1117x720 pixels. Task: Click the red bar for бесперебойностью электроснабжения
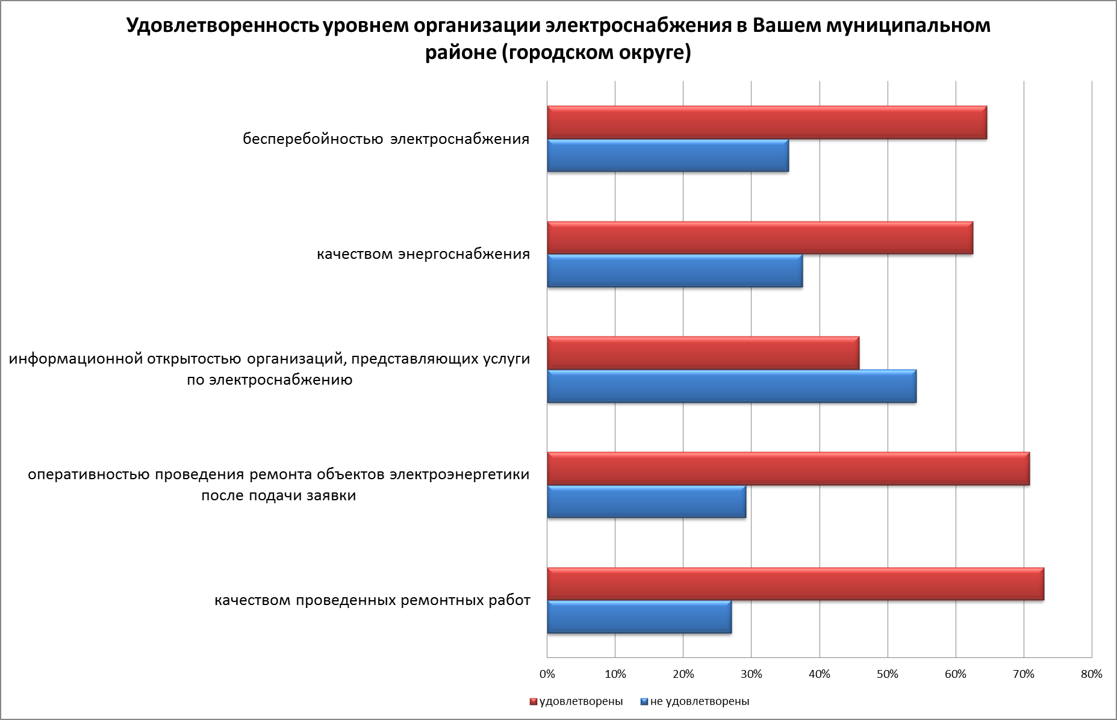point(767,123)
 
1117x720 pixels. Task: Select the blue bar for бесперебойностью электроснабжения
point(668,156)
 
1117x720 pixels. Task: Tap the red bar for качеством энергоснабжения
point(760,238)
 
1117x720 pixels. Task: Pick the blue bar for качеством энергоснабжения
point(674,271)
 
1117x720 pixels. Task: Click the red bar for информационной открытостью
point(703,353)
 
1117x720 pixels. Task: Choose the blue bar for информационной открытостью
point(732,386)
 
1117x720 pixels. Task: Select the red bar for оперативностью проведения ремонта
point(788,469)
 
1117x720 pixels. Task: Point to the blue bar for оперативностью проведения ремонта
point(646,501)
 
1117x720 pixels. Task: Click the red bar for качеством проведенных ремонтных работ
point(795,584)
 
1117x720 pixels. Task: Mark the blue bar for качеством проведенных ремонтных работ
point(639,617)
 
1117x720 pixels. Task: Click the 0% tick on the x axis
point(547,674)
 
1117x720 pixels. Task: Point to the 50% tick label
point(888,674)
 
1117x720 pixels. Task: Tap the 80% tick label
point(1092,674)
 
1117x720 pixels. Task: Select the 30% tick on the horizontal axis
point(751,674)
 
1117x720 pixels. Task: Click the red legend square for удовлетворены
point(533,702)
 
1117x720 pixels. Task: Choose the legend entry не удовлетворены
point(699,701)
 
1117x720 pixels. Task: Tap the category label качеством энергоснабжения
point(423,254)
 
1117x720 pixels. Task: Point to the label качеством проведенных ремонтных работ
point(373,601)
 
